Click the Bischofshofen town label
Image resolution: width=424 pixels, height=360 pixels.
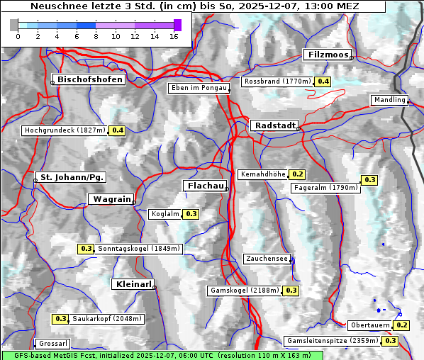click(90, 79)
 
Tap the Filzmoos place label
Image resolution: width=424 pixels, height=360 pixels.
click(327, 55)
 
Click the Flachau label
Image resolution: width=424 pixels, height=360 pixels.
click(205, 186)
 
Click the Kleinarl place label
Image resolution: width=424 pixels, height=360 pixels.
click(133, 284)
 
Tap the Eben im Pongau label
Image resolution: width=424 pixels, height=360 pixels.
click(198, 88)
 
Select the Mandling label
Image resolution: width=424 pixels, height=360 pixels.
click(389, 100)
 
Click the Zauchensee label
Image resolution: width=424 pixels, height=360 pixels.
click(267, 259)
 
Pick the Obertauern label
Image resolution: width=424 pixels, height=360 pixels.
click(370, 325)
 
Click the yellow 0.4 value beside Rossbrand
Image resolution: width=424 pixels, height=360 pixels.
click(323, 81)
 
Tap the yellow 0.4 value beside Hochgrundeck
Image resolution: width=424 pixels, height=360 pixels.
click(117, 130)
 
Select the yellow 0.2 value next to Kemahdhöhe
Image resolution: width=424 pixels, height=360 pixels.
click(297, 174)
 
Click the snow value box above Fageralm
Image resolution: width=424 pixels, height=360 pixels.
click(369, 180)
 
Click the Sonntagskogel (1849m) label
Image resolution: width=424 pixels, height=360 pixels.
click(140, 249)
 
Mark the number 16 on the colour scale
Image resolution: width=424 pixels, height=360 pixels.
click(174, 36)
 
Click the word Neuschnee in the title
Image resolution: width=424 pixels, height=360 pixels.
click(55, 6)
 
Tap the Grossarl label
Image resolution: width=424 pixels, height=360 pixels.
click(52, 344)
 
